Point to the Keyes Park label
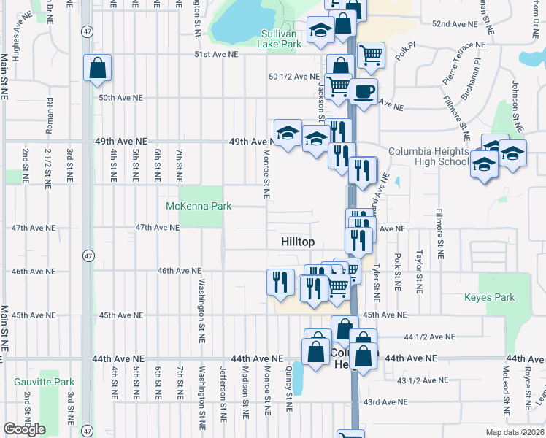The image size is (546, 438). (490, 297)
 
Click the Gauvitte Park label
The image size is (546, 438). (45, 382)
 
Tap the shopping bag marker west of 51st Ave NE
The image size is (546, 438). (97, 69)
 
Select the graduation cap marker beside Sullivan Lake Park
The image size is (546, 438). (320, 30)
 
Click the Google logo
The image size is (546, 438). (24, 429)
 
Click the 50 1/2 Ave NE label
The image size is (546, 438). (294, 77)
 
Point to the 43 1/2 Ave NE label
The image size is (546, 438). (423, 380)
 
